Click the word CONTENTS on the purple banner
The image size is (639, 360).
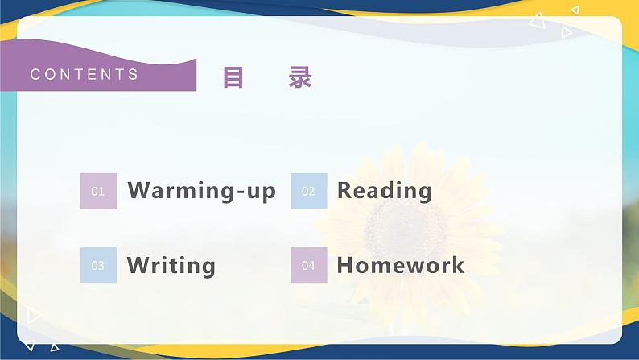85,75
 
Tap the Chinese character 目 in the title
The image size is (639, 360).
233,77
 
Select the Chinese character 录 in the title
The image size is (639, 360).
300,77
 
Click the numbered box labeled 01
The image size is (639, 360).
98,191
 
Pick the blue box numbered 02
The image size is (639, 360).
308,191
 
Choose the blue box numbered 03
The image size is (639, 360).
98,265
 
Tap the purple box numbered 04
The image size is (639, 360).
308,265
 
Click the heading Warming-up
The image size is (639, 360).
201,191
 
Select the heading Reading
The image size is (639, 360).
384,191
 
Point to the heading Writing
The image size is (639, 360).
171,265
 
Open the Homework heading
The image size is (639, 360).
400,265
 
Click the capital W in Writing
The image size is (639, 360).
138,265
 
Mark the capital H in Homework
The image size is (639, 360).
346,265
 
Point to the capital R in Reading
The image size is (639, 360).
345,191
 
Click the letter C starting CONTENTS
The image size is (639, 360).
35,75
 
